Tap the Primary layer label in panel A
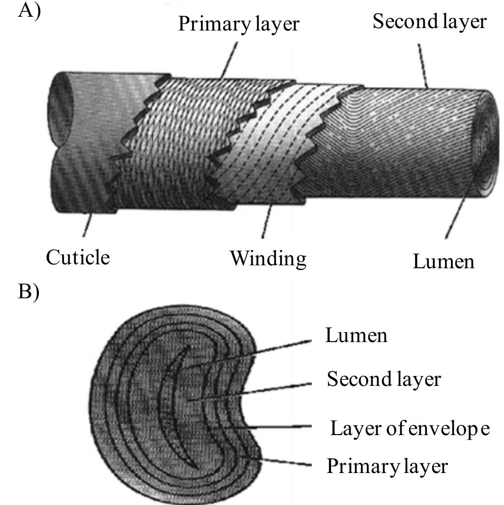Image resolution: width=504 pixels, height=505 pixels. pyautogui.click(x=238, y=24)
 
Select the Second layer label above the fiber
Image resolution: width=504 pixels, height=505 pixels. pyautogui.click(x=429, y=22)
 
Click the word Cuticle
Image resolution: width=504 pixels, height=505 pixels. pyautogui.click(x=78, y=257)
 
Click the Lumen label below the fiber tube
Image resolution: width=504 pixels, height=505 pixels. pyautogui.click(x=444, y=261)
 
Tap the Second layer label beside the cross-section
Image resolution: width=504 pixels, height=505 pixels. pyautogui.click(x=384, y=379)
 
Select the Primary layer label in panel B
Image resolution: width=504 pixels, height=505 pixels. pyautogui.click(x=387, y=466)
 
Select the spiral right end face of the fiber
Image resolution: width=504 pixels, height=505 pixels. pyautogui.click(x=487, y=143)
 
